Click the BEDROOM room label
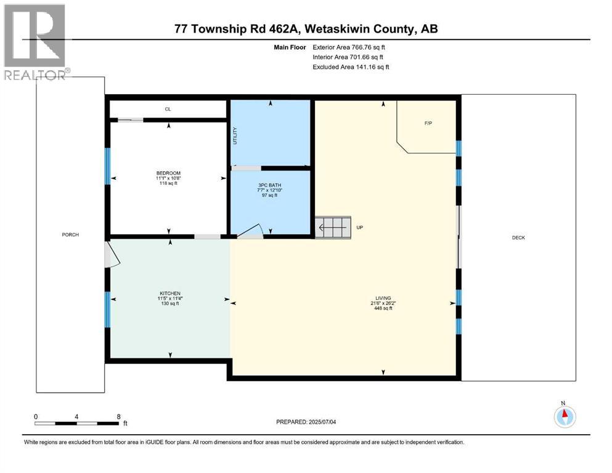[x=168, y=173]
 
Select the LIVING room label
[x=383, y=298]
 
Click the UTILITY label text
[x=235, y=136]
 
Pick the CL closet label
[x=168, y=109]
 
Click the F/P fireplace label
[x=428, y=123]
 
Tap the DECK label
[x=518, y=238]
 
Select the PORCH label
[x=70, y=235]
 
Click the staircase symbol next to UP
[x=333, y=227]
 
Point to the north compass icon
[x=563, y=416]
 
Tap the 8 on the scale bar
[x=118, y=416]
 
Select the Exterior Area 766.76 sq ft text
[x=351, y=47]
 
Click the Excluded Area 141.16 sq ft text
[x=351, y=67]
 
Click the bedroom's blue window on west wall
[x=107, y=166]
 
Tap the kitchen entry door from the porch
[x=112, y=254]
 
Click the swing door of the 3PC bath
[x=250, y=230]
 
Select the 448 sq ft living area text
[x=383, y=309]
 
